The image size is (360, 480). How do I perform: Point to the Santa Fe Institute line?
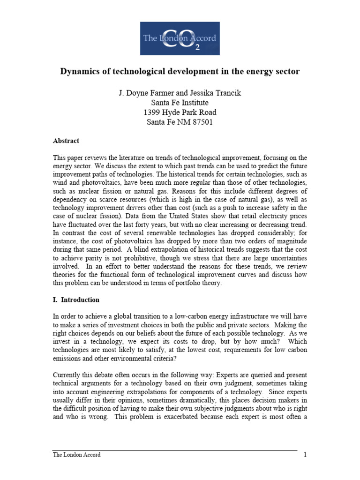point(180,102)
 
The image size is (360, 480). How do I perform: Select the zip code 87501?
point(202,122)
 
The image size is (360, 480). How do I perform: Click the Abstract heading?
point(66,141)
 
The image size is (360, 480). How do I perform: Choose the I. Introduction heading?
point(75,300)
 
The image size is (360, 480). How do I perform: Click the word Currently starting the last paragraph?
point(67,375)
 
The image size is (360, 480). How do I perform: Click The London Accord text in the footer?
point(76,455)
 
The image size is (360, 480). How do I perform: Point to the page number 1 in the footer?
point(305,455)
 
